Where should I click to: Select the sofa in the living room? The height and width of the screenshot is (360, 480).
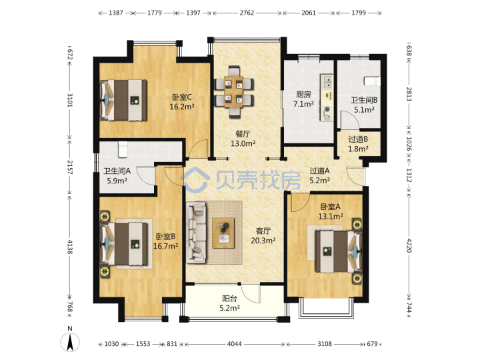[x=197, y=233]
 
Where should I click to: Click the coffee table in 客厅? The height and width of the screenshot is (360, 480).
[x=223, y=233]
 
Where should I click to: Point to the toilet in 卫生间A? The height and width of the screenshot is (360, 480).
[x=123, y=149]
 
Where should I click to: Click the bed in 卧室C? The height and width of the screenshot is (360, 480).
[x=124, y=100]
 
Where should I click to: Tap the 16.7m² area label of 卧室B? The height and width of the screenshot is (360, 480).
[x=165, y=246]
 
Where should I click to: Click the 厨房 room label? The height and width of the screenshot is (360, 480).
[x=303, y=95]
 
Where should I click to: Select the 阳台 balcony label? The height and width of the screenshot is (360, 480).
[x=229, y=299]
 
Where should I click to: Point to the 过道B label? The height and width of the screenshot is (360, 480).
[x=358, y=139]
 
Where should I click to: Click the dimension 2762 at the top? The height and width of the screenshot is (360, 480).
[x=247, y=13]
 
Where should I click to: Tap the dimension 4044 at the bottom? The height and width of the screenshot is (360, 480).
[x=234, y=344]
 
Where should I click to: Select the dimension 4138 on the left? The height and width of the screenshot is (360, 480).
[x=70, y=247]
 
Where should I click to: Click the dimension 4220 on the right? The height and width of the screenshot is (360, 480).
[x=409, y=245]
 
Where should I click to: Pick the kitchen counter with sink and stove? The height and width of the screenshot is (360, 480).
[x=327, y=97]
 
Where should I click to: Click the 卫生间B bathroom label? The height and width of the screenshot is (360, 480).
[x=364, y=100]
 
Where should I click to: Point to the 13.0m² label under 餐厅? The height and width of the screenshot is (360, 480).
[x=243, y=143]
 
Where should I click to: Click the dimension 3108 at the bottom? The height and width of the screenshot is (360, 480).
[x=325, y=344]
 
